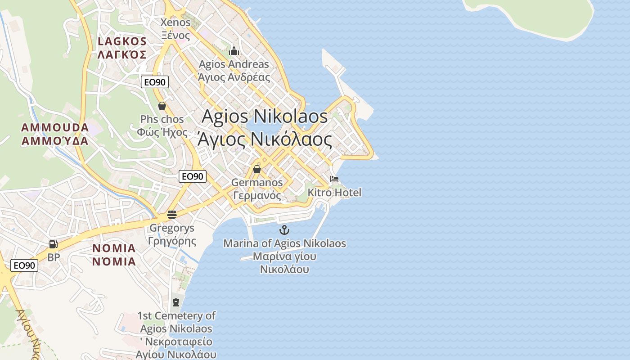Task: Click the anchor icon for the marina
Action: click(x=284, y=230)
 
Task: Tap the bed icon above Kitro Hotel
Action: click(x=334, y=179)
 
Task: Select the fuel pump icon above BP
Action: click(x=53, y=244)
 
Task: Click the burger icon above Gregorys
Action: click(x=171, y=215)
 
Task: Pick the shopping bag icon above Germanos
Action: click(x=256, y=169)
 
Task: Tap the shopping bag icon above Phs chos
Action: click(x=162, y=106)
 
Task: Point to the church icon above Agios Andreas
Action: click(x=234, y=50)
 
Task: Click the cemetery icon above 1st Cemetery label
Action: click(x=176, y=302)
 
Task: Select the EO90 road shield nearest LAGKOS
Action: click(x=155, y=82)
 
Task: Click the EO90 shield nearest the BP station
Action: click(x=24, y=265)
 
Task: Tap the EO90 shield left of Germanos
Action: click(x=193, y=176)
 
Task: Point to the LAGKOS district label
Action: click(x=122, y=48)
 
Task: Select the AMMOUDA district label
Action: click(x=55, y=134)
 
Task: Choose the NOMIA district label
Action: click(x=114, y=255)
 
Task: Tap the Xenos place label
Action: click(x=175, y=29)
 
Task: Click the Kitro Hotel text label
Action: click(x=334, y=193)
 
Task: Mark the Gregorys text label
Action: click(x=172, y=234)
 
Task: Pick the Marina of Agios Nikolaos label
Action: click(x=284, y=256)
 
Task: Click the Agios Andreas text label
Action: click(x=234, y=70)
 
